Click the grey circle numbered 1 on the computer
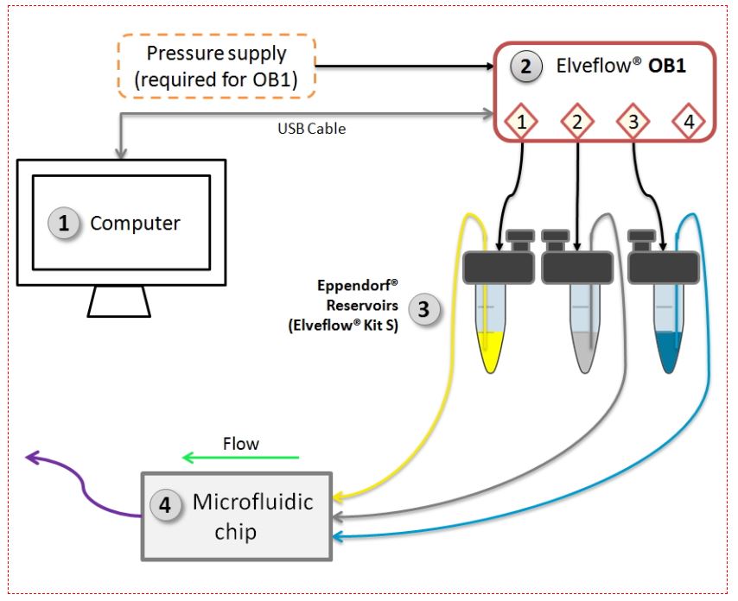[x=62, y=223]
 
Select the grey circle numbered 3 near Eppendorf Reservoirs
[x=423, y=309]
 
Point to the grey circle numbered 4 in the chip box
[x=165, y=505]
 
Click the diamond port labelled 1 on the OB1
[x=521, y=122]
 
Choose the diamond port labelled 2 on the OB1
[x=576, y=122]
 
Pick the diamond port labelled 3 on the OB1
[x=633, y=122]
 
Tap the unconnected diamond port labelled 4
[x=688, y=122]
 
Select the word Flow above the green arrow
[x=240, y=444]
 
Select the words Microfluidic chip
[x=252, y=516]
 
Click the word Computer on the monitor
[x=135, y=223]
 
